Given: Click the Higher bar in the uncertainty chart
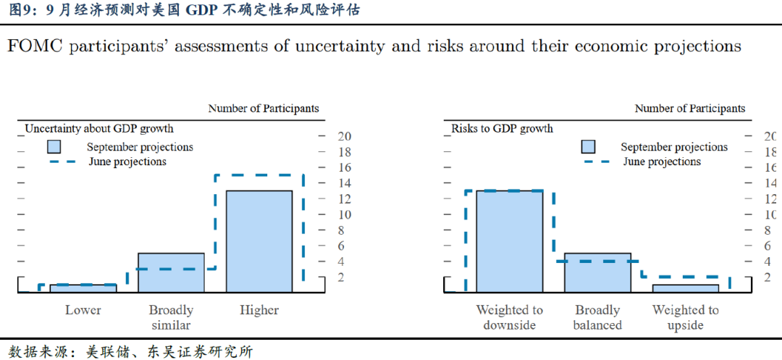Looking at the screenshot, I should tap(259, 241).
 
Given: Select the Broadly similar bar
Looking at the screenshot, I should tap(171, 272).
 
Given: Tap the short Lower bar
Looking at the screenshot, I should tap(83, 288).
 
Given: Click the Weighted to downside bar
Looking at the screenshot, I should tap(509, 241).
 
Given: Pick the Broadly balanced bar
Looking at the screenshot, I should tap(597, 272).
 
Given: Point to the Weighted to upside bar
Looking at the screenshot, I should tap(685, 288).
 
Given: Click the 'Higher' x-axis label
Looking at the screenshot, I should tap(259, 310).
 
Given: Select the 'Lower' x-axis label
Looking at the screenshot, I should tap(83, 310).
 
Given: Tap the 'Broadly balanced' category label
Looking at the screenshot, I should tap(597, 317).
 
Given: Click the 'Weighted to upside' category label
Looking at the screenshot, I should tap(685, 317).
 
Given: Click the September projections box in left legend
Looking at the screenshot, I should tap(57, 147).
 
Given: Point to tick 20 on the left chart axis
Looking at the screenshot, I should tap(345, 136).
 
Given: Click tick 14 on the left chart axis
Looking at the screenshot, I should tap(345, 183).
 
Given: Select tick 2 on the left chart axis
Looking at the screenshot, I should tap(345, 277).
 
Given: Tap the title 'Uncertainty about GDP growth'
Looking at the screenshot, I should tap(99, 129).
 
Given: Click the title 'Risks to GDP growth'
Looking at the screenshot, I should tap(502, 129).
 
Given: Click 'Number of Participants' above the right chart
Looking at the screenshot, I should tap(689, 109).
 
